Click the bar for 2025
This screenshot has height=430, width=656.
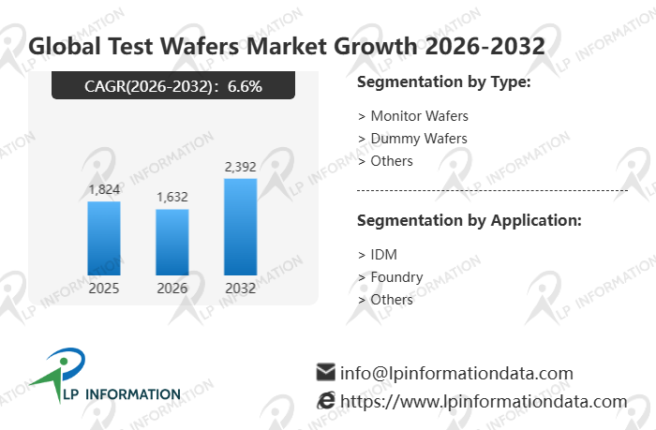point(104,238)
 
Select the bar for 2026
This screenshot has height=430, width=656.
point(172,242)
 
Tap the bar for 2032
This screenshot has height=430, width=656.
point(241,227)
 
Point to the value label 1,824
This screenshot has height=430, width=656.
point(104,189)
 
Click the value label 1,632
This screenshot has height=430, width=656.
point(172,197)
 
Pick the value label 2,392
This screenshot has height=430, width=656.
point(241,167)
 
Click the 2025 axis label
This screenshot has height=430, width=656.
point(104,289)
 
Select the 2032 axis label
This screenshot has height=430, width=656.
point(241,289)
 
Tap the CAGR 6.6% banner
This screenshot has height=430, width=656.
point(173,86)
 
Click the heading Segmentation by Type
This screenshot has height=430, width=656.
point(444,82)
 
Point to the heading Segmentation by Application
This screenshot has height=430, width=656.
point(470,220)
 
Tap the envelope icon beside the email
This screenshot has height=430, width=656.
point(326,372)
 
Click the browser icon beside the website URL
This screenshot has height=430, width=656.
point(326,401)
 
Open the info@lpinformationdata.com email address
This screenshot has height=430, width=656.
point(456,373)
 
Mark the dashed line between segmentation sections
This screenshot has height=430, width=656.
point(492,190)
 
